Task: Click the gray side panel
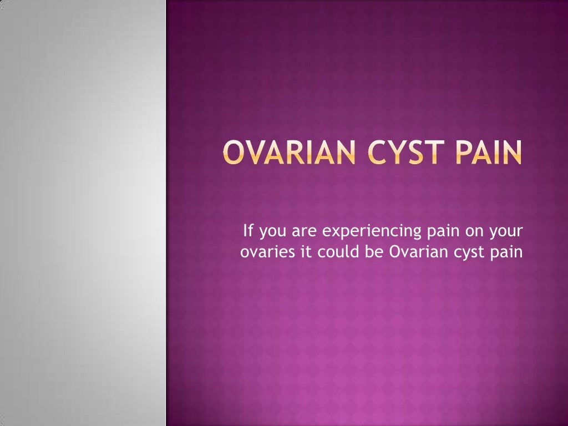click(x=83, y=213)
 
